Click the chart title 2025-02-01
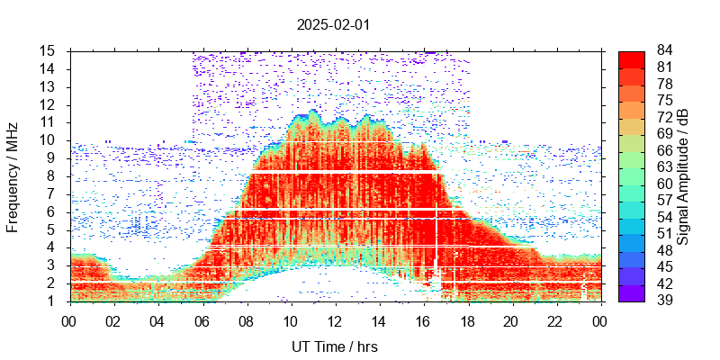333,24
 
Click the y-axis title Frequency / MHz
13,177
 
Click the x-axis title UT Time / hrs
334,346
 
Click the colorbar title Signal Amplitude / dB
683,177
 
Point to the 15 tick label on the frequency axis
49,51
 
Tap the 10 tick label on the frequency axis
49,140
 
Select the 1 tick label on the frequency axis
53,301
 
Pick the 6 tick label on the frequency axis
53,212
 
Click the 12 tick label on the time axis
334,320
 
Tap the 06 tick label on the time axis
202,320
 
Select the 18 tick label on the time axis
466,320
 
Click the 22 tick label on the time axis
554,320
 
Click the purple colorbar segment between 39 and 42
632,292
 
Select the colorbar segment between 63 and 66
632,159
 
